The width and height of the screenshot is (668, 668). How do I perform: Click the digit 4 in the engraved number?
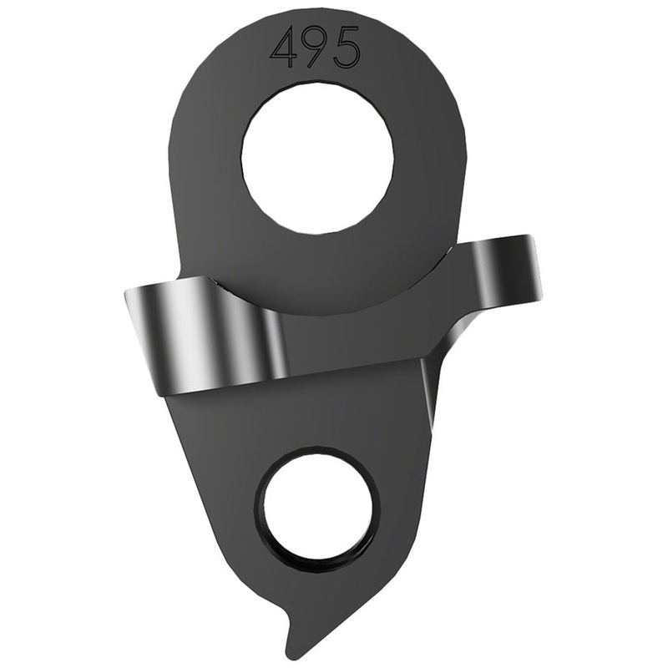284,48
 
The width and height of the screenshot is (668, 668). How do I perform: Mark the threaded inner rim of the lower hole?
266,534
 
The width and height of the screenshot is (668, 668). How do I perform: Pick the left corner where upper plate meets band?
182,276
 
